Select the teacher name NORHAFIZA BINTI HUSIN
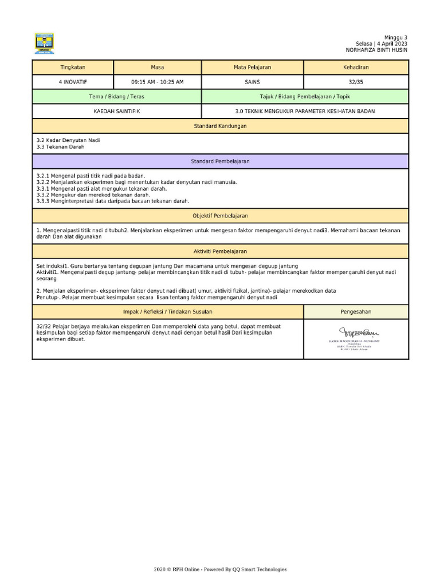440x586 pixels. [x=376, y=50]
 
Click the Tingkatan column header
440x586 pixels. [x=73, y=68]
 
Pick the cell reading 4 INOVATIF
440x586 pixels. [x=73, y=82]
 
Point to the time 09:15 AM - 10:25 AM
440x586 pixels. [x=158, y=82]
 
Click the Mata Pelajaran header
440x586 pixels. [x=252, y=68]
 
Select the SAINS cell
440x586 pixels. [x=252, y=82]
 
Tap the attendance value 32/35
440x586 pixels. [x=356, y=82]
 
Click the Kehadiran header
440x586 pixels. [x=356, y=68]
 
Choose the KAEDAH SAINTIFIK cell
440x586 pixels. [x=117, y=112]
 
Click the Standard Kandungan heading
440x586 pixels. [x=220, y=126]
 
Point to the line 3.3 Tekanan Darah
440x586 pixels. [x=60, y=147]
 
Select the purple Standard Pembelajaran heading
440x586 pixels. [x=220, y=161]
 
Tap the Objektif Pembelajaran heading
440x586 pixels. [x=220, y=216]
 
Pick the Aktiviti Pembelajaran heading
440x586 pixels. [x=220, y=251]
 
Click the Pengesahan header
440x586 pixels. [x=356, y=311]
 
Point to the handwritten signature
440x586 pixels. [x=360, y=332]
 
